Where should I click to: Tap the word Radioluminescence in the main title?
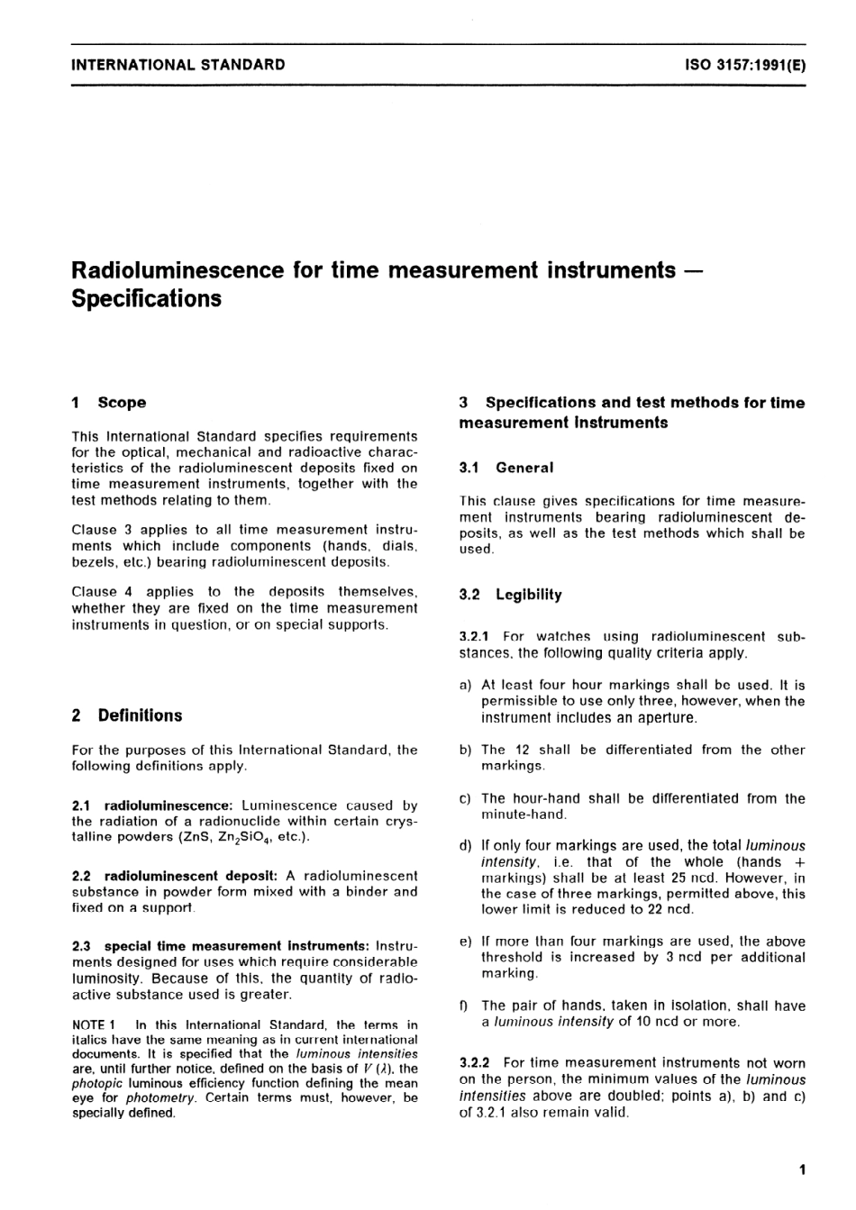click(x=179, y=269)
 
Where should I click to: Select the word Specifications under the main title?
click(x=147, y=298)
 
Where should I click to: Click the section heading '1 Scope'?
click(x=109, y=403)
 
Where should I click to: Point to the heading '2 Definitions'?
click(x=127, y=715)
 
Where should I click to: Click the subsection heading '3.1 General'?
click(x=506, y=468)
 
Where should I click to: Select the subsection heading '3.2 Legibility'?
click(x=510, y=595)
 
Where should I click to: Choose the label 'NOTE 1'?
click(x=94, y=1024)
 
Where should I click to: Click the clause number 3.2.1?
click(x=475, y=637)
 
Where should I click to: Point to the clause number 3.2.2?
click(x=476, y=1063)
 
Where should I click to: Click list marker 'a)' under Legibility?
click(x=466, y=685)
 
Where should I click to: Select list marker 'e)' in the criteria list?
click(x=466, y=942)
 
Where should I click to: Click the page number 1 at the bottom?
click(x=801, y=1170)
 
